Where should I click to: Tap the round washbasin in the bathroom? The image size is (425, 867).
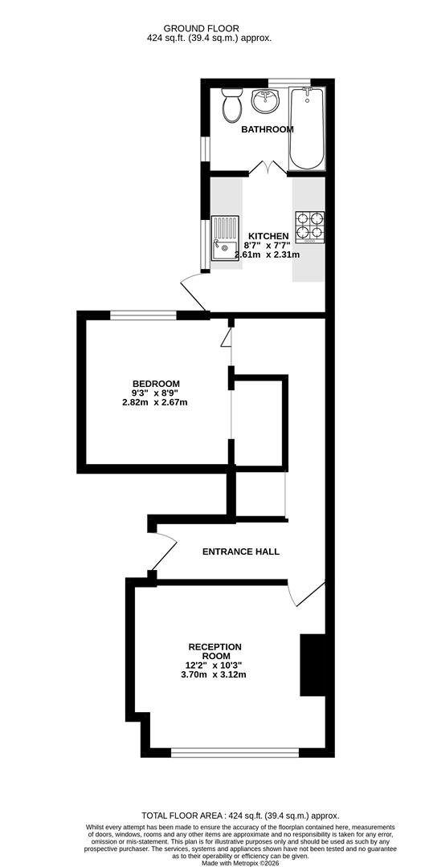click(266, 100)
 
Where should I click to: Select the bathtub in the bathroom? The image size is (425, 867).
click(307, 128)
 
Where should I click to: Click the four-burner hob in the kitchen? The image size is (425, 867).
click(310, 227)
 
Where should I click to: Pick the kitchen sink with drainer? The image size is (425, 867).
click(225, 238)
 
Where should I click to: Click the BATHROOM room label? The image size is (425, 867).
click(268, 129)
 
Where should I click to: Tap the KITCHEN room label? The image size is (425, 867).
click(268, 235)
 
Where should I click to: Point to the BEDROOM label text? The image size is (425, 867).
click(156, 384)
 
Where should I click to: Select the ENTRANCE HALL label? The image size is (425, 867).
click(241, 552)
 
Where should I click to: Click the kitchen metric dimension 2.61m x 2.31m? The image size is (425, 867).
click(268, 255)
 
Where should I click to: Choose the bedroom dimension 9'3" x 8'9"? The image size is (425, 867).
click(156, 393)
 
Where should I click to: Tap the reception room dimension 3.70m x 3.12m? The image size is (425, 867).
click(215, 674)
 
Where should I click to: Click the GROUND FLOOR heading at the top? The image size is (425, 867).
click(202, 28)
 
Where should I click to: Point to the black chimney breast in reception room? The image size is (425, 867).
click(313, 666)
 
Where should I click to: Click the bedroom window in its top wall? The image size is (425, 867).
click(143, 315)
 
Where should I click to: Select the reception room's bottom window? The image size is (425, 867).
click(235, 752)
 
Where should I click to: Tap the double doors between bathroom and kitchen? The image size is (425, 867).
click(268, 168)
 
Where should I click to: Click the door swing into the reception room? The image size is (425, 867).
click(306, 593)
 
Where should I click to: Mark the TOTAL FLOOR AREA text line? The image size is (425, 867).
click(241, 816)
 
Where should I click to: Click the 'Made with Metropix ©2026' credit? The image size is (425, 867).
click(241, 862)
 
